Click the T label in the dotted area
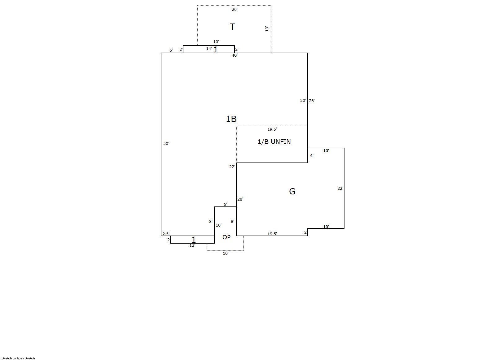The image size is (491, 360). coord(232,27)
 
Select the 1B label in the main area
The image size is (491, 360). coord(231,119)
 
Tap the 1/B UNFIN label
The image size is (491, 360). coord(274,142)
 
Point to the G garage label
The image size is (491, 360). coord(292,191)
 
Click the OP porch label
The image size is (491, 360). coord(226,237)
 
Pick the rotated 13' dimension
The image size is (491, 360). coord(267,29)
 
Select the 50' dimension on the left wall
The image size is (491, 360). coord(166,143)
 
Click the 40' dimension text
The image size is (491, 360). coord(235,55)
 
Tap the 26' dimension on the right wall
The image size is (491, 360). coord(312,101)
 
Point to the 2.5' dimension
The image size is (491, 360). coord(166,234)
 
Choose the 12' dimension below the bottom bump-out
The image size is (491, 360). coord(192,245)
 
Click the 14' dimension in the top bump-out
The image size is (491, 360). coord(209,48)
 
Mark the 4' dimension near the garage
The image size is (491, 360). coord(312,155)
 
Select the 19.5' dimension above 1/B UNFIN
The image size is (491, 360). coord(272,129)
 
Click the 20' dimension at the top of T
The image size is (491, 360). coord(235,9)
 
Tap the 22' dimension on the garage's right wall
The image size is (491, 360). coord(340,188)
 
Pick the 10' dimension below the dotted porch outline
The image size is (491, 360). coord(226,253)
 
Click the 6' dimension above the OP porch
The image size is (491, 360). coord(225,204)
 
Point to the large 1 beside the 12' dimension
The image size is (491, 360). coord(194,240)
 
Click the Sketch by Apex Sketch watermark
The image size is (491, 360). coord(18,358)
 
